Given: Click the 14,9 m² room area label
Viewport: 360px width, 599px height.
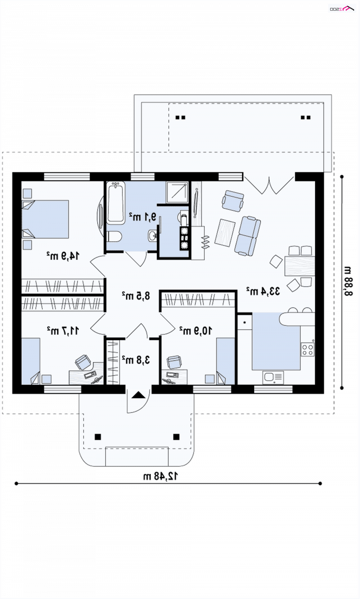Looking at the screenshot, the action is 63,256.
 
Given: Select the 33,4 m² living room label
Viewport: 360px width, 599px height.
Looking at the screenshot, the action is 263,291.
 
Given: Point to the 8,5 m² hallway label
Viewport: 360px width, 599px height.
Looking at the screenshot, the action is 136,296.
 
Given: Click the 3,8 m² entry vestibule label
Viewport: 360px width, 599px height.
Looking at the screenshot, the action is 136,360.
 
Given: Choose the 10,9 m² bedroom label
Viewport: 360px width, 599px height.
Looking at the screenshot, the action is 196,331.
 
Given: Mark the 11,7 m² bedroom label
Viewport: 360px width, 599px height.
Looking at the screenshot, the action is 63,331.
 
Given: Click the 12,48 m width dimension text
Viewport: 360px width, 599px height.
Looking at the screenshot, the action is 160,476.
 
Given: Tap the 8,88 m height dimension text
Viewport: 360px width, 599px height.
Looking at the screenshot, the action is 348,281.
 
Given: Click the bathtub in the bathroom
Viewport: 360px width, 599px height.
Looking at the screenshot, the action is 116,203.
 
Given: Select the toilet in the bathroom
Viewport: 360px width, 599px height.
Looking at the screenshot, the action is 114,237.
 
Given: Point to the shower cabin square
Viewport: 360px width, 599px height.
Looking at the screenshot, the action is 177,192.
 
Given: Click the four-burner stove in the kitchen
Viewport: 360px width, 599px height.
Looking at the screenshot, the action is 307,349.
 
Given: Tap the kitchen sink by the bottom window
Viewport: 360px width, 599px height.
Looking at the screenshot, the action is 273,377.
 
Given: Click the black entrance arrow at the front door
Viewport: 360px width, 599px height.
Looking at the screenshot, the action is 139,395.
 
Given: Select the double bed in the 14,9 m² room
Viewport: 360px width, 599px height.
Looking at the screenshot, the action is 45,219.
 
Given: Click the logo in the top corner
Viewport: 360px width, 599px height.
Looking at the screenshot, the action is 342,9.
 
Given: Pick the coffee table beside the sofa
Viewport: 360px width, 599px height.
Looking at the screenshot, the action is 225,232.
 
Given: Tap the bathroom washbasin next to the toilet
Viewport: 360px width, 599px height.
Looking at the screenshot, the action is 152,236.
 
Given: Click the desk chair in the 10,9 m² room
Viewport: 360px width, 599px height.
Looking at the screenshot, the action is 174,362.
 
